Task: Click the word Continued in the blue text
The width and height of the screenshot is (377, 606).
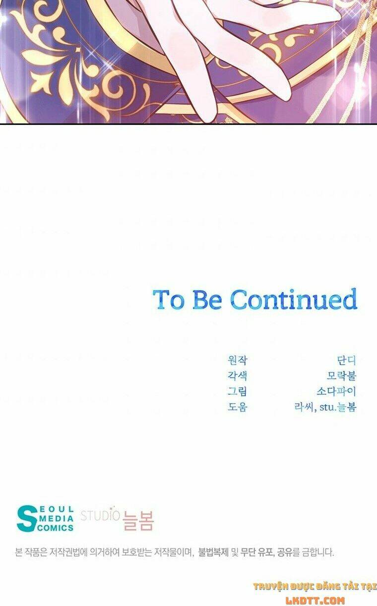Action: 294,299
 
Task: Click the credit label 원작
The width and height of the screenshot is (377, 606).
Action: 237,360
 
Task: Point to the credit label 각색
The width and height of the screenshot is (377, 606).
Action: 237,375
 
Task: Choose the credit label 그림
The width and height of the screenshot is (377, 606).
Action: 237,391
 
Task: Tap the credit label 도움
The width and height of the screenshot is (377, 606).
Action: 237,407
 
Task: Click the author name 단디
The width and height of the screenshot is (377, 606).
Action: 347,360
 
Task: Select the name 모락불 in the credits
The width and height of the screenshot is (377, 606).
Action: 342,375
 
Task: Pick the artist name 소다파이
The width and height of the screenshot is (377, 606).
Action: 336,391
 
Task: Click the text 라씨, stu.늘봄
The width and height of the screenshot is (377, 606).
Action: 325,407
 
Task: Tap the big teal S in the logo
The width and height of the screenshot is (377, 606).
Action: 26,519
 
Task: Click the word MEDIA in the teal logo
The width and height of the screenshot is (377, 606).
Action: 56,518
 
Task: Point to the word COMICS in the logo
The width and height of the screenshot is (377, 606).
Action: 55,528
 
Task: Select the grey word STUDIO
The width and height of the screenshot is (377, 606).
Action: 100,515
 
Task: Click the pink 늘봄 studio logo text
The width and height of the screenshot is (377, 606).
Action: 138,521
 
